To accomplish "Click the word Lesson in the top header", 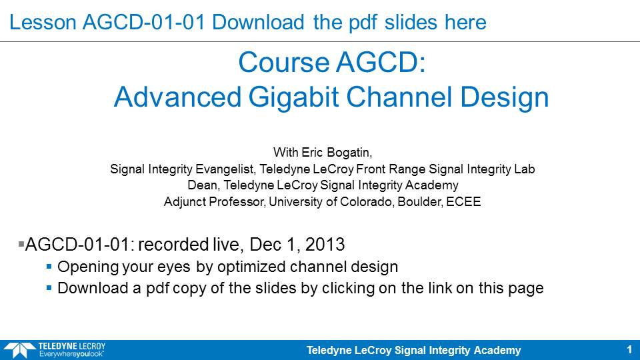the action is (43, 22).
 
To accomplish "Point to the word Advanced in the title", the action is (177, 97).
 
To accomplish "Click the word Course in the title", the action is (284, 62).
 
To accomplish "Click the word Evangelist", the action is (226, 169).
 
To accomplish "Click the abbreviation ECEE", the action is (463, 201).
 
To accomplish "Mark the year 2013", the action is (325, 245).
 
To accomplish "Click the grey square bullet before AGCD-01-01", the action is (21, 244).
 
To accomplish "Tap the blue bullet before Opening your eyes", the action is (49, 267).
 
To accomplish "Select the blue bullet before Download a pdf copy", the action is (49, 288).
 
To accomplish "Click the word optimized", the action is (251, 267).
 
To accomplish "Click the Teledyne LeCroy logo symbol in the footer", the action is (19, 350).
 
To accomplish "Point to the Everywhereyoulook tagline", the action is (71, 354).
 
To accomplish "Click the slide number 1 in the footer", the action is (629, 350).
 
